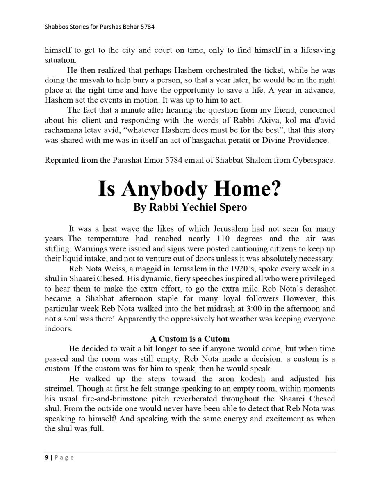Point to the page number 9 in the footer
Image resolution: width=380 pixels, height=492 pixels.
pyautogui.click(x=46, y=457)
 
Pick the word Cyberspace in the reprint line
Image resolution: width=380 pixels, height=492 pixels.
pyautogui.click(x=314, y=160)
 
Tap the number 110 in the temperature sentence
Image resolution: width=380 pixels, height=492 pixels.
pyautogui.click(x=225, y=239)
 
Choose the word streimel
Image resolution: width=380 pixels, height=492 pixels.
pyautogui.click(x=58, y=389)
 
